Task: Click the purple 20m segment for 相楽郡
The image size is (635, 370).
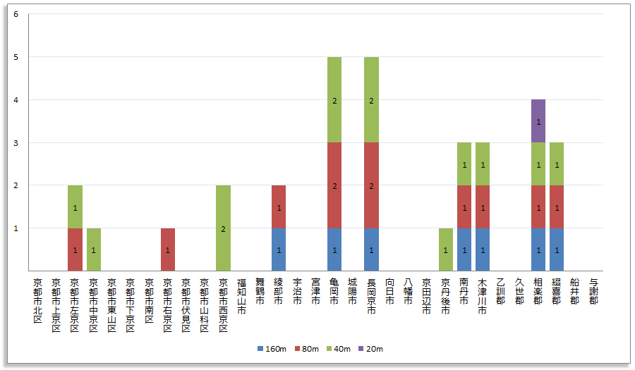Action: (x=538, y=121)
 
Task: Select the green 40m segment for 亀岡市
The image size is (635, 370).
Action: (x=334, y=100)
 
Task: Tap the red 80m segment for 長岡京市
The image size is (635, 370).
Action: (x=371, y=185)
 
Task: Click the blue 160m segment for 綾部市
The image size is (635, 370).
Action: (x=279, y=249)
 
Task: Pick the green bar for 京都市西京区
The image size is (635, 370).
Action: (x=223, y=228)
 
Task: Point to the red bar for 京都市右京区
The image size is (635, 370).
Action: (x=168, y=249)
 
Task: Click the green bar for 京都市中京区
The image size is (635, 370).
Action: (x=94, y=249)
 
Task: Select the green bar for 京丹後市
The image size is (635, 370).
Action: (x=445, y=249)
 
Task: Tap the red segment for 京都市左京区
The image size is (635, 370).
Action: (x=75, y=249)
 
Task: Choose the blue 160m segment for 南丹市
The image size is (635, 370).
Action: (x=464, y=249)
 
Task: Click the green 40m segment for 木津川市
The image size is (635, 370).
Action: (x=483, y=164)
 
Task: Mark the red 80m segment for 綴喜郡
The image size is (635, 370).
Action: (x=557, y=207)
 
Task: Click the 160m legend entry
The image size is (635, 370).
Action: (x=272, y=349)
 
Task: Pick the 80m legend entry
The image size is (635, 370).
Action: (x=306, y=349)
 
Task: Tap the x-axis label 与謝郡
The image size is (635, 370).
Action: (x=593, y=291)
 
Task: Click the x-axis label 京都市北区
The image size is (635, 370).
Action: (x=38, y=300)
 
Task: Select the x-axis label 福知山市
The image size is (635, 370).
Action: (x=242, y=295)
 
